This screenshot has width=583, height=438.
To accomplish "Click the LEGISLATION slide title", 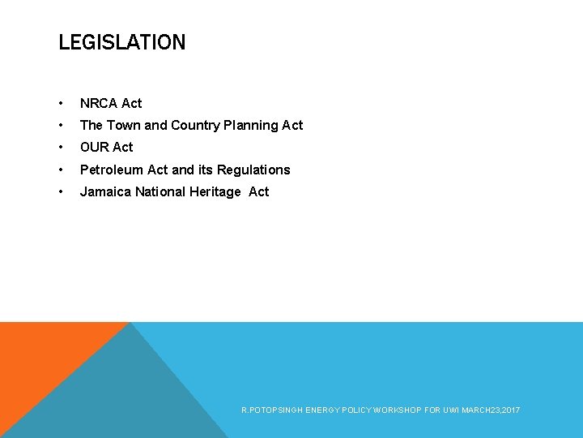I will [x=121, y=42].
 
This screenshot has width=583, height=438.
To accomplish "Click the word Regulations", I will [x=256, y=170].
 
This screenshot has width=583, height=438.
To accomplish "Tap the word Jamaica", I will [x=105, y=191].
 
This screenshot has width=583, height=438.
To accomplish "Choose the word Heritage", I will [x=216, y=191].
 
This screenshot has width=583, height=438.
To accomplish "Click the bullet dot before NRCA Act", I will [x=61, y=104].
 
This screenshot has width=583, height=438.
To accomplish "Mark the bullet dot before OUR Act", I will [x=61, y=148].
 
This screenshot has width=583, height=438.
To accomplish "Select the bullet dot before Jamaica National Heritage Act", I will [x=61, y=192].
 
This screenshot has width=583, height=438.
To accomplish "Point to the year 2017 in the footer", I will [x=512, y=410].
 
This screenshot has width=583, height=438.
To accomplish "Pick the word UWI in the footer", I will [x=450, y=410].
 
